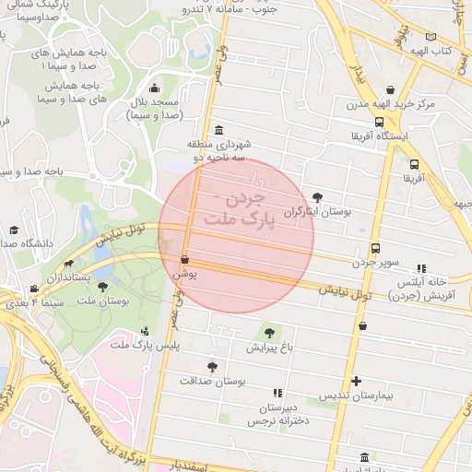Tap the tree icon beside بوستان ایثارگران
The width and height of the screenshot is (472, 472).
pos(318,196)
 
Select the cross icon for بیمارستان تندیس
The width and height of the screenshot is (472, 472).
pos(357,381)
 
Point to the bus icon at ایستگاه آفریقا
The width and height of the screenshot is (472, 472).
pos(379,122)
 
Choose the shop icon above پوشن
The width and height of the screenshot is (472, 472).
pos(185,260)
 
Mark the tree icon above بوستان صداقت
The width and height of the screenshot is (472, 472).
pos(213,366)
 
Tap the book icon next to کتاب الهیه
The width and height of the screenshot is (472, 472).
pos(431,36)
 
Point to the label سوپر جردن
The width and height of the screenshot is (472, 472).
pos(375,263)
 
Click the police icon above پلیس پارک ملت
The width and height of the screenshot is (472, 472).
pos(145,331)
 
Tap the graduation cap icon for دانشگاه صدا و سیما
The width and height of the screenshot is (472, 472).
pos(13,230)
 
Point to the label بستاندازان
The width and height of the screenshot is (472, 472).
pos(69,277)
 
